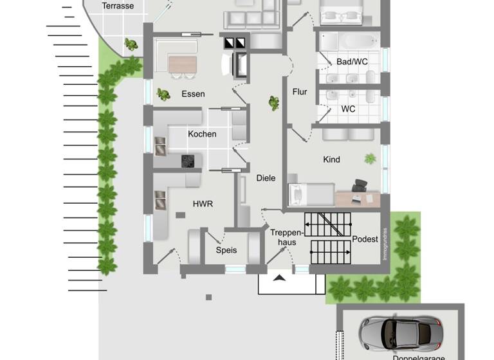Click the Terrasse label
click(x=118, y=6)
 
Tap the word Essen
click(x=193, y=94)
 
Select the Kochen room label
click(x=202, y=134)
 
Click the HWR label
click(x=203, y=204)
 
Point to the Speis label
click(x=226, y=250)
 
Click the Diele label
click(x=266, y=178)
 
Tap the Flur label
click(x=300, y=92)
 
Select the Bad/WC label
click(x=351, y=62)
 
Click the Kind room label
click(x=331, y=159)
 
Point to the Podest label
click(x=365, y=239)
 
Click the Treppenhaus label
click(x=283, y=237)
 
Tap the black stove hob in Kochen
click(x=188, y=161)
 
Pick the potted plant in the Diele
click(x=274, y=103)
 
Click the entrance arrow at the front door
click(x=280, y=278)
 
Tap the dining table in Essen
click(x=183, y=64)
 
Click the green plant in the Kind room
click(x=370, y=158)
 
